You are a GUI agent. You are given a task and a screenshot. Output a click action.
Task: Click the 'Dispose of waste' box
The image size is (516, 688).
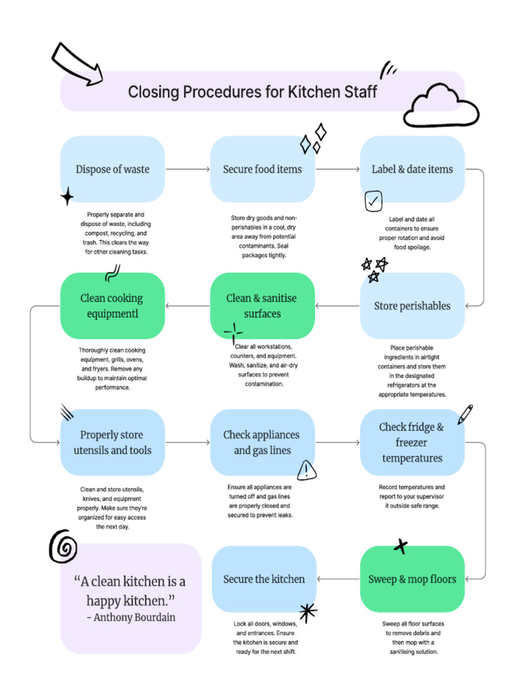[112, 169]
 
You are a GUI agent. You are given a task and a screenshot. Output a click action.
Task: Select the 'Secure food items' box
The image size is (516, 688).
[262, 169]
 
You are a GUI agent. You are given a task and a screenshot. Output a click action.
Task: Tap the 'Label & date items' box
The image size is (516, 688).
[412, 169]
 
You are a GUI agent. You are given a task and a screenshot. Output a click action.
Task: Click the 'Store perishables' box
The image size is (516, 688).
[412, 306]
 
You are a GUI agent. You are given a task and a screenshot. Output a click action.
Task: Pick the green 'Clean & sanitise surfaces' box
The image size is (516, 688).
[262, 306]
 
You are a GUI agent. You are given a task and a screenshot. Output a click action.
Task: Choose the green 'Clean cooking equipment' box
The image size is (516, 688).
[112, 306]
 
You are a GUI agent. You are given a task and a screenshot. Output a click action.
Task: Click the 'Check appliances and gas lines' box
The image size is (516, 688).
[262, 442]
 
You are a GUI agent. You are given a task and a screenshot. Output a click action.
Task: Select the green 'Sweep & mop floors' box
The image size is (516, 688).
[412, 579]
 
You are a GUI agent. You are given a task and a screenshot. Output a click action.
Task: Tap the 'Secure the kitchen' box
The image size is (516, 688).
[263, 579]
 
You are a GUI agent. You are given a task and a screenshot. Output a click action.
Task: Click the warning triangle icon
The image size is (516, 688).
[306, 470]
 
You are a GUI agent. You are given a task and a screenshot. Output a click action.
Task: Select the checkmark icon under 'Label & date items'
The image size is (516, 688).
[374, 201]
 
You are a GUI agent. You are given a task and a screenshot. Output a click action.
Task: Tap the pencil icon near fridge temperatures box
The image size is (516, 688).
[465, 414]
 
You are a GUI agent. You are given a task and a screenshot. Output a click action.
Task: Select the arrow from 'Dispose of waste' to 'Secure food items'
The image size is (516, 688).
[187, 169]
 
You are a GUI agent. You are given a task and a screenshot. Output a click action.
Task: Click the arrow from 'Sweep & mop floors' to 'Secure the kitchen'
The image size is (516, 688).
[338, 579]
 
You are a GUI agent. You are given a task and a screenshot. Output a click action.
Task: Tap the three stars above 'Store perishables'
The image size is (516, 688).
[374, 269]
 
